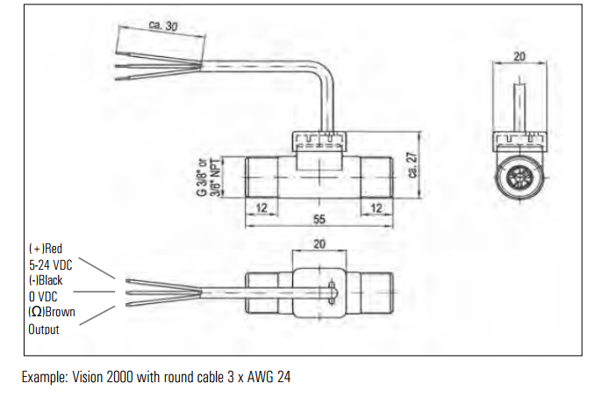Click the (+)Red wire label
tap(46, 249)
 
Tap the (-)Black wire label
tap(47, 280)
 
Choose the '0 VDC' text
tap(44, 297)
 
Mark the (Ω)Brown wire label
tap(51, 312)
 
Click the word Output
tap(44, 329)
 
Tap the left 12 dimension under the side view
tap(260, 207)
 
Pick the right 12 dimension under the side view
tap(376, 207)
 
